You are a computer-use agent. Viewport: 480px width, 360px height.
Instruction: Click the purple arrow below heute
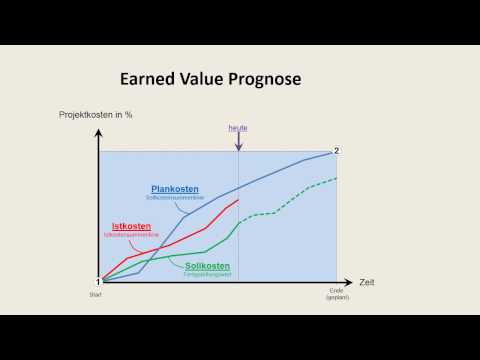(238, 143)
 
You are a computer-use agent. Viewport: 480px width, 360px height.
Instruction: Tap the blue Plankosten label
(174, 189)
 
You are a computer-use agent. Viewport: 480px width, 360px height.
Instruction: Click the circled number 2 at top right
(337, 151)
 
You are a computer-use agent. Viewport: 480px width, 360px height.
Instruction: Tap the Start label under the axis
(99, 294)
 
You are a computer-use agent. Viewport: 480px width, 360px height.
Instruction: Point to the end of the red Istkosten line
(238, 200)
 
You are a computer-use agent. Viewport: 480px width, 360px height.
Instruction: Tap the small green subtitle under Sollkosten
(207, 274)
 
